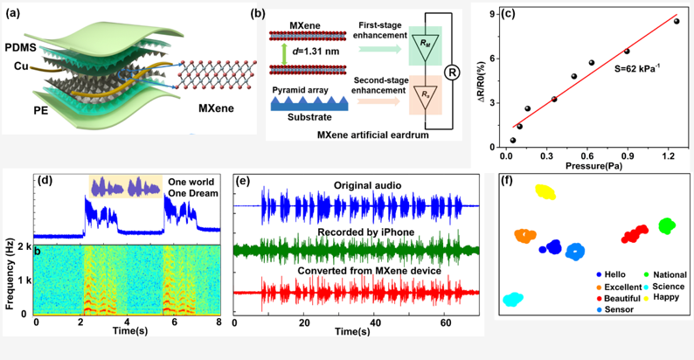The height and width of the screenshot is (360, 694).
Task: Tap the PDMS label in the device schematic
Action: pos(19,44)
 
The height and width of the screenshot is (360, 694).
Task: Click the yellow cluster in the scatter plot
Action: pos(546,192)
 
